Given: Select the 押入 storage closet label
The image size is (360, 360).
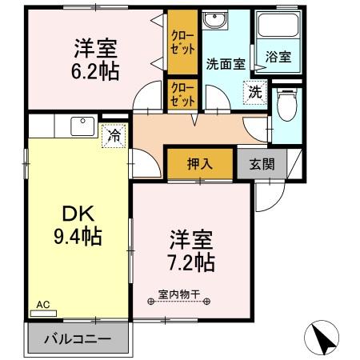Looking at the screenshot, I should coord(200,165).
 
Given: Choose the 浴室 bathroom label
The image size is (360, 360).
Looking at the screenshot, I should coord(278,58).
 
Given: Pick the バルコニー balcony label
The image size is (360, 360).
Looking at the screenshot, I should coord(78,339).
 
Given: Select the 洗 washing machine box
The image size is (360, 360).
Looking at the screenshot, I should coord(254,91).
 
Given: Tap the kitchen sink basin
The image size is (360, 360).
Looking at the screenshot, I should coord(82,125).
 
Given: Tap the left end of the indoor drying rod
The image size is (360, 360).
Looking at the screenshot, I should coord(152,302).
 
